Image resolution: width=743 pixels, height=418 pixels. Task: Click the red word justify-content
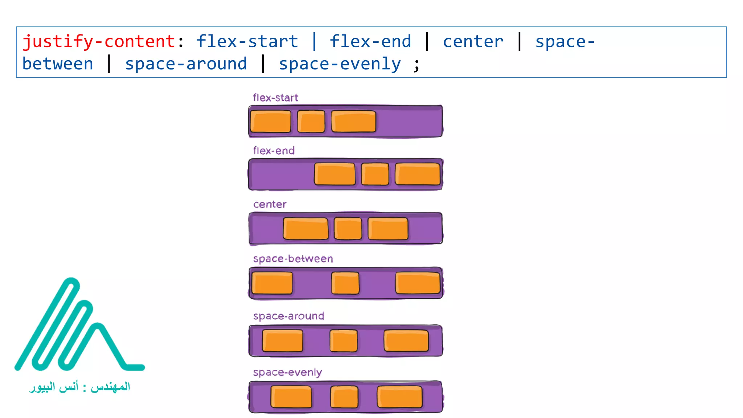tap(99, 41)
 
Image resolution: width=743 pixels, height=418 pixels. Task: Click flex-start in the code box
tap(247, 41)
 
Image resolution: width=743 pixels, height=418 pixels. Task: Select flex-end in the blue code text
tap(370, 41)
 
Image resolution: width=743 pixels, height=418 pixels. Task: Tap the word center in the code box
tap(473, 41)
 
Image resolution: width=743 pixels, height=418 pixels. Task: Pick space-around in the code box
tap(186, 64)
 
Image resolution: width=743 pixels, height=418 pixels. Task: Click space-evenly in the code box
tap(340, 64)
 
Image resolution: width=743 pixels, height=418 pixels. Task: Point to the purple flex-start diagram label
tap(275, 98)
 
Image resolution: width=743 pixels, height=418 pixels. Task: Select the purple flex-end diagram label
tap(274, 151)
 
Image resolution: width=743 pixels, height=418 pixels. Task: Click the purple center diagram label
tap(270, 204)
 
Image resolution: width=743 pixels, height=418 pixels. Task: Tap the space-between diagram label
tap(293, 259)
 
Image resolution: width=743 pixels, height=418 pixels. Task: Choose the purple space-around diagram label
tap(289, 316)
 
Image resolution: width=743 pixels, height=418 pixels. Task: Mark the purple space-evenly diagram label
tap(287, 373)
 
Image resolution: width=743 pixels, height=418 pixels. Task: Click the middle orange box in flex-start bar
tap(311, 122)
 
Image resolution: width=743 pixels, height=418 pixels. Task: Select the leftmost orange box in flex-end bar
tap(334, 174)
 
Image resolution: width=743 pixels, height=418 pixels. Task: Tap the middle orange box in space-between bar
tap(345, 283)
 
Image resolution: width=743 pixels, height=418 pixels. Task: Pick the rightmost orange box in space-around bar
tap(406, 341)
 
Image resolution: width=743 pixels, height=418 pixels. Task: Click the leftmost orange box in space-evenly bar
tap(291, 397)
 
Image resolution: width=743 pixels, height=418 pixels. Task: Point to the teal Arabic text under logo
tap(79, 387)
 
